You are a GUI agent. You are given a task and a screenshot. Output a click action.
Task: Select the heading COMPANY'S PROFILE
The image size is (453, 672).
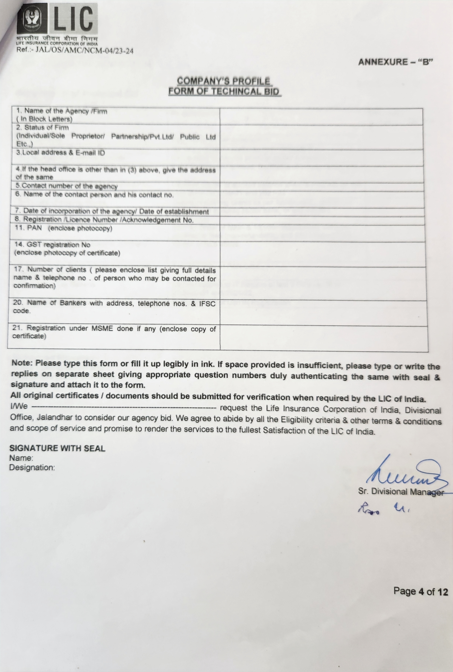[x=223, y=81]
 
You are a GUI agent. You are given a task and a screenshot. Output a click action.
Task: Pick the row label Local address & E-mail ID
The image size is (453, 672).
[x=61, y=153]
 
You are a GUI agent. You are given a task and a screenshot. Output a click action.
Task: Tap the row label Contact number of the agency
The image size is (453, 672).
[x=67, y=186]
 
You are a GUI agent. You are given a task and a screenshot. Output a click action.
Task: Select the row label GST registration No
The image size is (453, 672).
[x=53, y=245]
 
